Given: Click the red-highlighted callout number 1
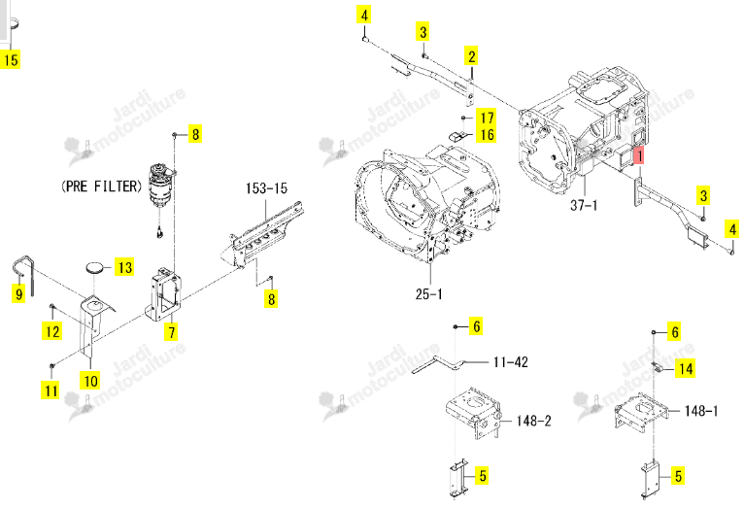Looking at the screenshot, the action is click(x=639, y=155).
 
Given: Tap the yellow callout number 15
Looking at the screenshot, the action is click(x=10, y=59).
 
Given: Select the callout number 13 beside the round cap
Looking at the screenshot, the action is click(x=124, y=267).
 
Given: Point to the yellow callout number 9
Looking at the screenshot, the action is click(x=18, y=293).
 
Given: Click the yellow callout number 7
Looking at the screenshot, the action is click(x=171, y=331).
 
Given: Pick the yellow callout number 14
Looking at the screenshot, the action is click(x=686, y=368).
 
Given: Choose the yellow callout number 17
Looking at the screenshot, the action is click(x=487, y=118).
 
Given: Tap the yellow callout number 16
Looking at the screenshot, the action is click(x=487, y=135).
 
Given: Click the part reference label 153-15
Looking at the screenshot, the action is click(x=266, y=188).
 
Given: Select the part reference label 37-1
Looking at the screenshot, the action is click(x=584, y=205).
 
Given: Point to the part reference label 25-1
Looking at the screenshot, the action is click(x=428, y=293).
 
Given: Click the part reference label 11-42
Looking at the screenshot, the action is click(x=511, y=362).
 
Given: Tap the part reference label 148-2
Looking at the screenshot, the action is click(x=534, y=421).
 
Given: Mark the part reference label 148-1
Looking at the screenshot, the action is click(x=701, y=410).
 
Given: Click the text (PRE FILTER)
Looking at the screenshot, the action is click(x=102, y=186).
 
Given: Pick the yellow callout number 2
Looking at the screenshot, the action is click(x=471, y=56).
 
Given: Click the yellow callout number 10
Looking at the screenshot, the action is click(x=90, y=381).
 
